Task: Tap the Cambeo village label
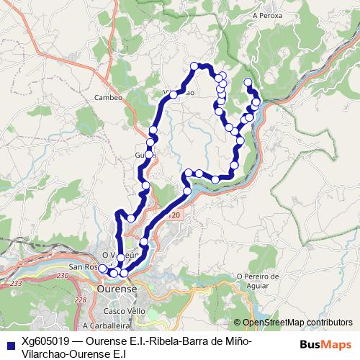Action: pos(107,97)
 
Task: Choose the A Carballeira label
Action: pos(100,326)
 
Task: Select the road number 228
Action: pos(80,300)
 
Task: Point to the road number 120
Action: pos(172,215)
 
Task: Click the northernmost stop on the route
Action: pos(194,66)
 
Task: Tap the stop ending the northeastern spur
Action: pos(248,81)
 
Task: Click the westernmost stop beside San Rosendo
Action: pos(102,269)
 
